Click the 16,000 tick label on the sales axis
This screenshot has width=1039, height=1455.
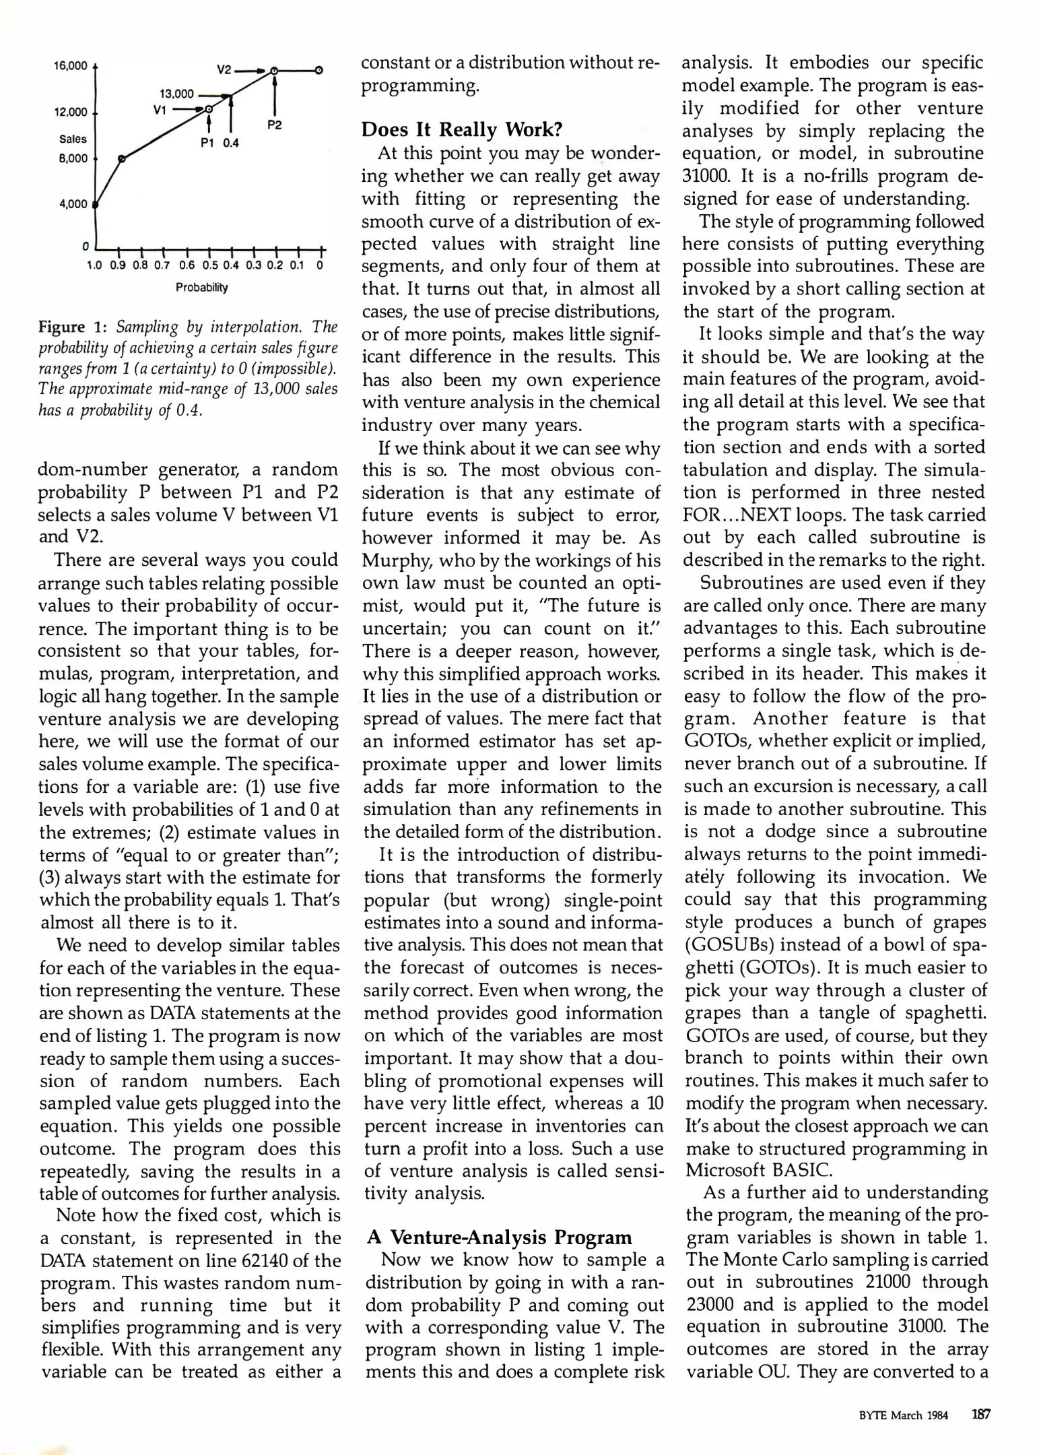tap(71, 66)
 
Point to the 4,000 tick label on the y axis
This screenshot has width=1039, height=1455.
tap(73, 204)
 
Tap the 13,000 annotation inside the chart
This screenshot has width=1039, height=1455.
tap(176, 94)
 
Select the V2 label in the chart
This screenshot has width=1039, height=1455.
tap(224, 70)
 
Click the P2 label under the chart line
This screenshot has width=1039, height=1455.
tap(274, 125)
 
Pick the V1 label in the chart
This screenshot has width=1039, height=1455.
tap(160, 110)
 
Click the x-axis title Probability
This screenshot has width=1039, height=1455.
tap(202, 288)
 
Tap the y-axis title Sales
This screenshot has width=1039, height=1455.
tap(73, 139)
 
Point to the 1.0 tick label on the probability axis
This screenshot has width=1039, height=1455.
tap(95, 265)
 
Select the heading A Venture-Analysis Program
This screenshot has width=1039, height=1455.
tap(499, 1237)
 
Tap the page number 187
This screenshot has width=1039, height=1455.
tap(980, 1415)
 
